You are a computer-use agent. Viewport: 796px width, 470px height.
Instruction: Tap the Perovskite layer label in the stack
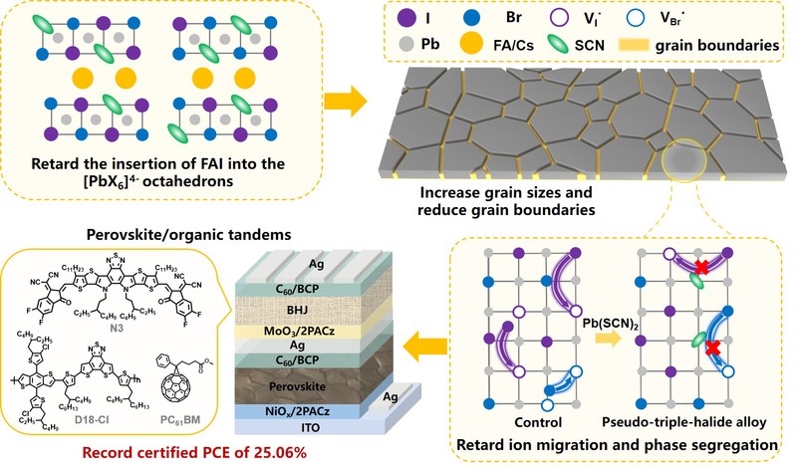(x=305, y=379)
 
